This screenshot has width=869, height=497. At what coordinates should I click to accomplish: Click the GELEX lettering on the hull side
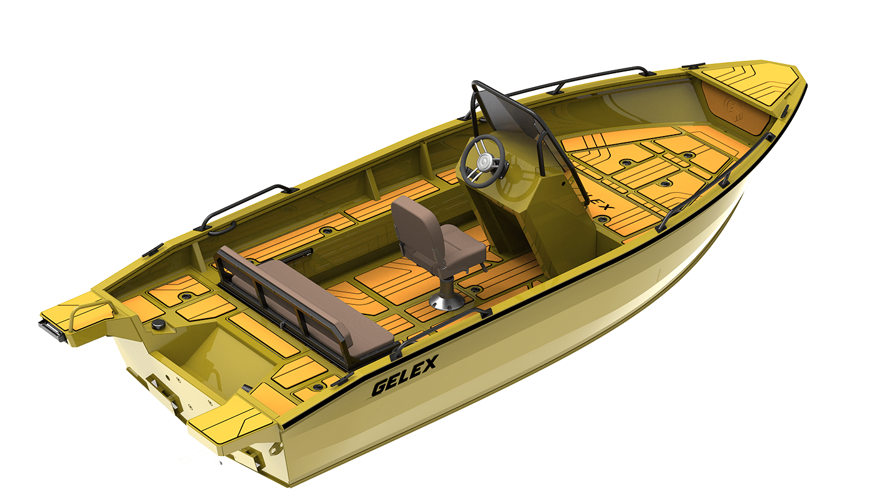pyautogui.click(x=405, y=375)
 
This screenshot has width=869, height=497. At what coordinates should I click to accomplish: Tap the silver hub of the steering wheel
pyautogui.click(x=484, y=160)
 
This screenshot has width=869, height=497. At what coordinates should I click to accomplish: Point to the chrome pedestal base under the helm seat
pyautogui.click(x=447, y=301)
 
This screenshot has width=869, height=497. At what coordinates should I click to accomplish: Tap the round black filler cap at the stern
pyautogui.click(x=158, y=324)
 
